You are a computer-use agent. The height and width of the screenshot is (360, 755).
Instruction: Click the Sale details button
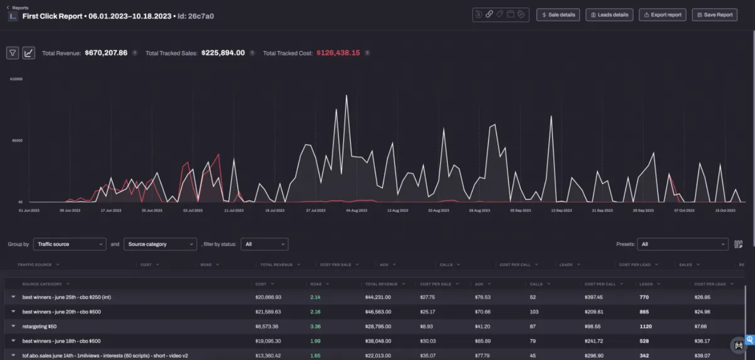(558, 15)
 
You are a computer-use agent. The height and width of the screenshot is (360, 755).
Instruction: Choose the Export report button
(662, 15)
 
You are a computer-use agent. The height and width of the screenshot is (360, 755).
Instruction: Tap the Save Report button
(715, 15)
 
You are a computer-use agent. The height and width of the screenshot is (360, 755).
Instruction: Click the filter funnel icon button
(13, 53)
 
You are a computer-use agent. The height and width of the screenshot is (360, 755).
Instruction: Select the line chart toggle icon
(28, 53)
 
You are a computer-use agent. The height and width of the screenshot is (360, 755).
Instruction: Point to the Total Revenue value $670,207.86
(106, 53)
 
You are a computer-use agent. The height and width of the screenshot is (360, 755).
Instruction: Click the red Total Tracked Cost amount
(338, 53)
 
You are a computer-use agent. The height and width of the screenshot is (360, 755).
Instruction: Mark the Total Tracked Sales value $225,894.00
(223, 53)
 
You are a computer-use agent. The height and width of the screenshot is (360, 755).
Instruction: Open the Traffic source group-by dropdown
(70, 244)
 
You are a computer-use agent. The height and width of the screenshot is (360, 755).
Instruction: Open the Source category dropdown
(160, 244)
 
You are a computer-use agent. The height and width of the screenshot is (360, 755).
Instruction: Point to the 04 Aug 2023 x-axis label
(356, 210)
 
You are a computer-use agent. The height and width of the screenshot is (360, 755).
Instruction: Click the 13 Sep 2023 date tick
(561, 210)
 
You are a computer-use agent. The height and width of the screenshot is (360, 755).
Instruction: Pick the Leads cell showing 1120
(646, 326)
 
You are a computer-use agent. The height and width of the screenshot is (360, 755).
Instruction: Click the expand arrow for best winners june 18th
(13, 341)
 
